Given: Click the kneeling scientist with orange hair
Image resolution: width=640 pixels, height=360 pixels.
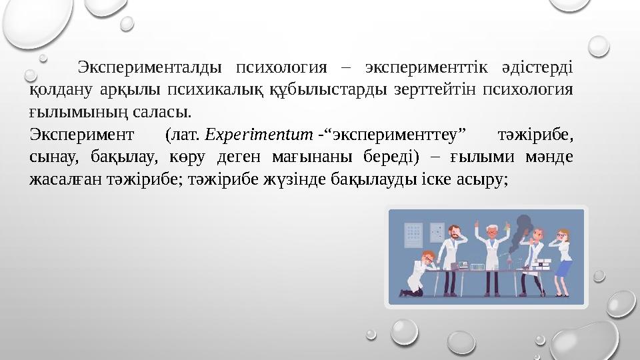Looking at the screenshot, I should (x=419, y=273).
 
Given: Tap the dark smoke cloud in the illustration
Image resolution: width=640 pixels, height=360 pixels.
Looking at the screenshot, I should (x=524, y=230).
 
